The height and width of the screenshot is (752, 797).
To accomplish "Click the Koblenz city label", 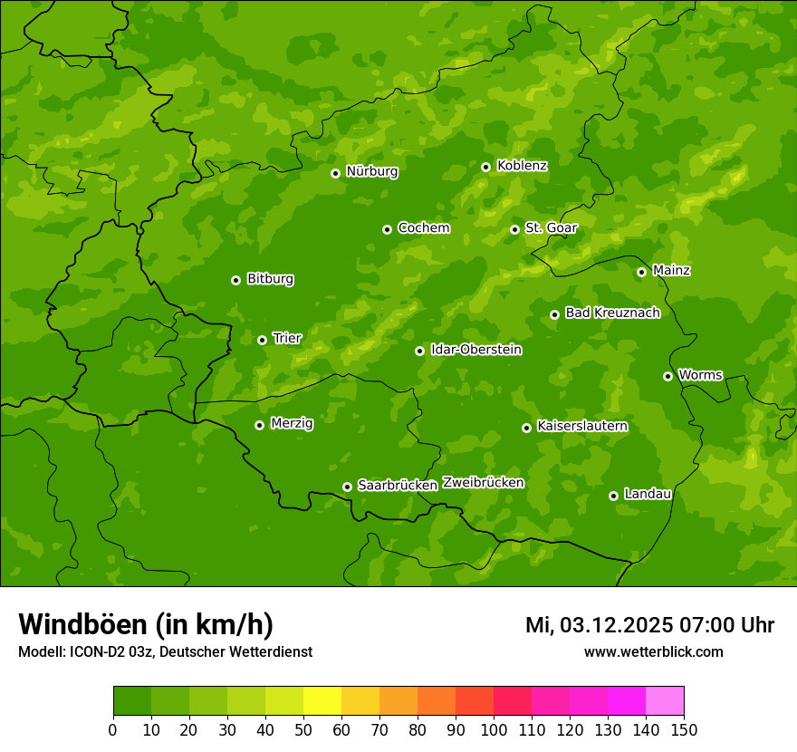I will [x=522, y=166].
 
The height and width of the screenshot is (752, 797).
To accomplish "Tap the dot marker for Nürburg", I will [x=335, y=173].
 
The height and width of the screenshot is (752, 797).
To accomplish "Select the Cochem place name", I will [x=423, y=228].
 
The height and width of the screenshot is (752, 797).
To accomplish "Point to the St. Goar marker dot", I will [x=514, y=229].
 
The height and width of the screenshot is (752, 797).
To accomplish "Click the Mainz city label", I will [x=671, y=270].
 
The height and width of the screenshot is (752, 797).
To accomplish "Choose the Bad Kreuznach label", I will [x=612, y=313].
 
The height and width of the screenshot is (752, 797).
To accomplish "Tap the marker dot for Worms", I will [x=667, y=376].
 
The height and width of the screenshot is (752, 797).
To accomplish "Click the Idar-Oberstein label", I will [x=475, y=350].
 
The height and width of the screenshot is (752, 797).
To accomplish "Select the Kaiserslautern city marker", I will [x=526, y=428].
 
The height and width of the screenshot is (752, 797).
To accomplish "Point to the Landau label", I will [x=648, y=494].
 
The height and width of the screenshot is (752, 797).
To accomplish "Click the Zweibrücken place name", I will [x=483, y=483].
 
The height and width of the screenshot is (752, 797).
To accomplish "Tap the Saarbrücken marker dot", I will [x=347, y=487].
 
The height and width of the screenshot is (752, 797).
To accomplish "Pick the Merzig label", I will [x=292, y=423].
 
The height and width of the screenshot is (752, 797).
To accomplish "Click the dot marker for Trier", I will [x=262, y=340].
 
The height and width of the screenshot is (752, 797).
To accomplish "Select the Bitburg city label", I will [x=270, y=279].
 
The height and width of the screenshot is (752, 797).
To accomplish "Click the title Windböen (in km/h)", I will [x=146, y=624].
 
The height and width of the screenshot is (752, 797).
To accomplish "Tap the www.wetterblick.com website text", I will [x=653, y=651].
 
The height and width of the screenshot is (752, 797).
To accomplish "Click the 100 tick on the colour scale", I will [x=494, y=729].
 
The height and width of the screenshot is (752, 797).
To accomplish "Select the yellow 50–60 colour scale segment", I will [x=322, y=701].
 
